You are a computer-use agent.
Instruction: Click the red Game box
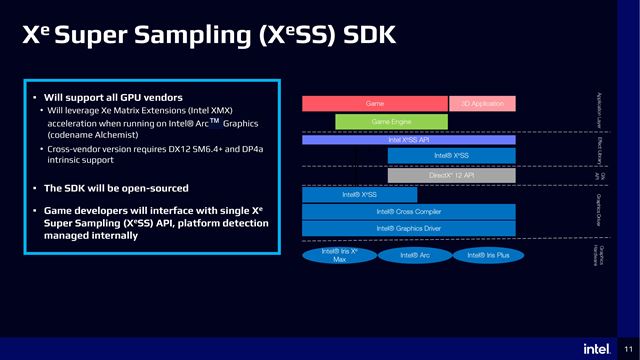coord(373,103)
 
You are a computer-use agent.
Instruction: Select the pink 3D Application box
coord(482,103)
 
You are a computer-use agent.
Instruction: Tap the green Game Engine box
coord(385,122)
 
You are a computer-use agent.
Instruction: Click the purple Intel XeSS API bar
coord(408,140)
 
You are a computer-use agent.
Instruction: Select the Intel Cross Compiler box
coord(408,212)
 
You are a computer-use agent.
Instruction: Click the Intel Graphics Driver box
coord(408,228)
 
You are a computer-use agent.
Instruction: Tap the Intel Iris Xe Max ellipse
coord(339,256)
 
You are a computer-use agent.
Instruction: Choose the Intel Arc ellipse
coord(414,256)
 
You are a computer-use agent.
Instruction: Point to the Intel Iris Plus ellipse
coord(487,256)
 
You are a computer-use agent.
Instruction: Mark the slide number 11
coord(628,348)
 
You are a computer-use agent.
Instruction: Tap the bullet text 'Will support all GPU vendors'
coord(104,96)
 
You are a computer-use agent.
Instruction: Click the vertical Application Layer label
coord(598,109)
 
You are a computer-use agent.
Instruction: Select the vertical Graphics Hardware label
coord(598,252)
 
